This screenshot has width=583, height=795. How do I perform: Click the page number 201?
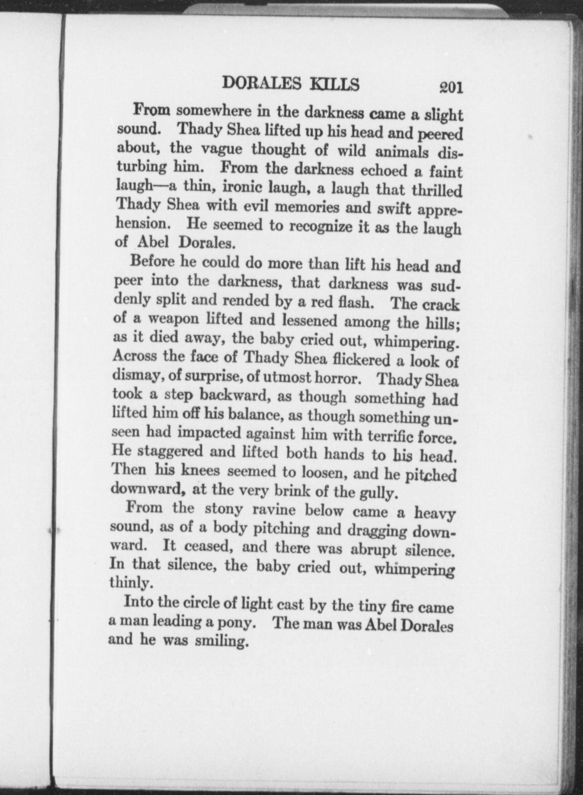click(x=450, y=87)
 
